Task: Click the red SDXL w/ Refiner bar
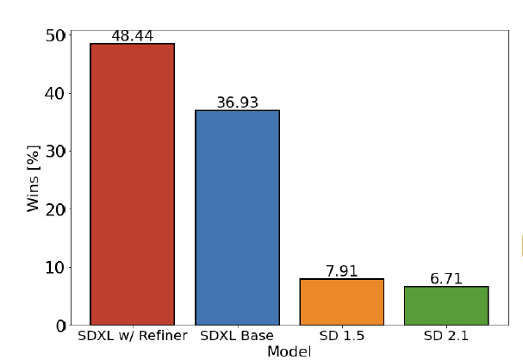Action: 132,184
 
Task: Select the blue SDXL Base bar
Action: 237,217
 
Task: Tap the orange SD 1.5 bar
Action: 341,301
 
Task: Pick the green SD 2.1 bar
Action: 446,305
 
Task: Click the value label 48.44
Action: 132,36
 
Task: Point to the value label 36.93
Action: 237,102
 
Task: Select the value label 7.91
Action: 341,271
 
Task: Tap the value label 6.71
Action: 446,278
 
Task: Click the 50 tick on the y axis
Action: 55,35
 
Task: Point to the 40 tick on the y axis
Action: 55,93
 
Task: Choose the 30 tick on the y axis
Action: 55,151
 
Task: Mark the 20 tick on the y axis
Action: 55,209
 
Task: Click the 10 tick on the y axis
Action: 55,267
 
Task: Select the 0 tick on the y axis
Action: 60,326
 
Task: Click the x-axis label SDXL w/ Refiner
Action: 132,335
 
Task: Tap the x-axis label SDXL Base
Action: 237,335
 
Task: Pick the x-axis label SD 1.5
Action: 341,335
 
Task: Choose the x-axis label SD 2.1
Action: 446,335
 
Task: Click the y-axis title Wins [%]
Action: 33,179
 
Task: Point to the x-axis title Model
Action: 289,351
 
